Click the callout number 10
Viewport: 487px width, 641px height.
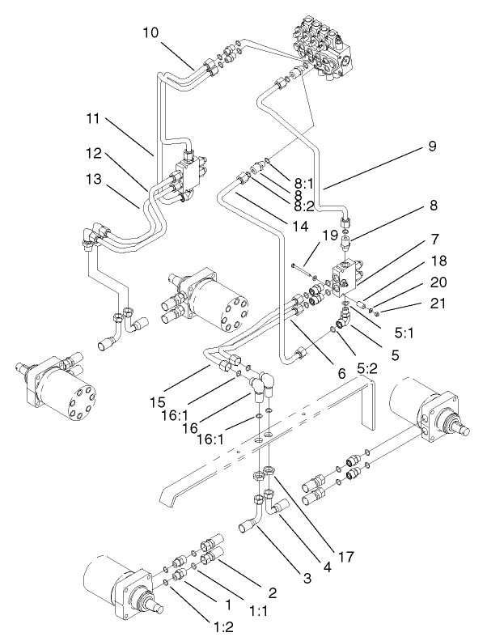click(x=152, y=34)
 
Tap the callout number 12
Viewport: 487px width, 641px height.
click(x=95, y=153)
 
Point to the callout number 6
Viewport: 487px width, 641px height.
click(x=342, y=375)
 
